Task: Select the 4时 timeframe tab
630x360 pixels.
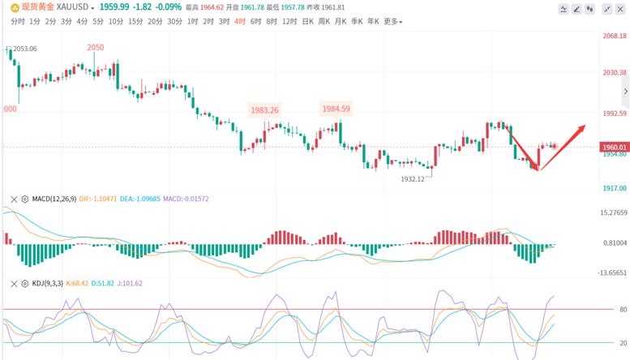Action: (x=240, y=22)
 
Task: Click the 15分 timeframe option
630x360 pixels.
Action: (x=136, y=22)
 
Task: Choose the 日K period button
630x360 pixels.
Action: (x=308, y=22)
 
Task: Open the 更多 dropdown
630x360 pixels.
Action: (x=392, y=22)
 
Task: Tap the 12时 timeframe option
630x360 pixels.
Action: (x=289, y=22)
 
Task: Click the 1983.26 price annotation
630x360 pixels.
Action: (x=265, y=110)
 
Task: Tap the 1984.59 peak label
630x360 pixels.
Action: (x=335, y=109)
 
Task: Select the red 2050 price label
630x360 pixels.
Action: (x=96, y=48)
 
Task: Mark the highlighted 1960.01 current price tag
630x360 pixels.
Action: (x=615, y=147)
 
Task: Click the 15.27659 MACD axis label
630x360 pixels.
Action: (x=614, y=213)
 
